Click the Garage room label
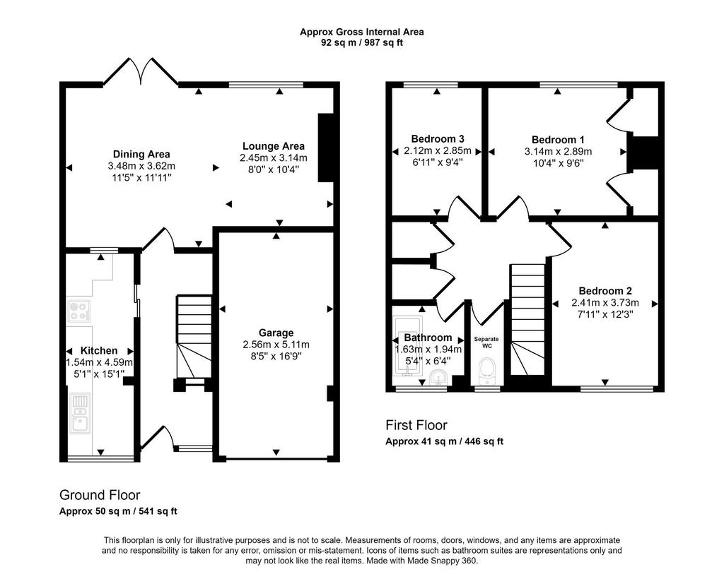(276, 333)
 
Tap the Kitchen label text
(99, 351)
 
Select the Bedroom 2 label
(605, 291)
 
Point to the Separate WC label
(486, 342)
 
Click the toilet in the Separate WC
(486, 371)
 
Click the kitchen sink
(80, 414)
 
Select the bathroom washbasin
(438, 378)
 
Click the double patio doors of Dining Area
(141, 72)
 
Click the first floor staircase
(527, 319)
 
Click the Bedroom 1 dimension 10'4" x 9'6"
(558, 163)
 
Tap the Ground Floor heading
(100, 495)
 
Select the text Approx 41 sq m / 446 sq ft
(444, 441)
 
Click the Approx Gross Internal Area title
(361, 32)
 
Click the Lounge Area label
(274, 146)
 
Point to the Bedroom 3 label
(437, 139)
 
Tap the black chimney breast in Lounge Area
(325, 147)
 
